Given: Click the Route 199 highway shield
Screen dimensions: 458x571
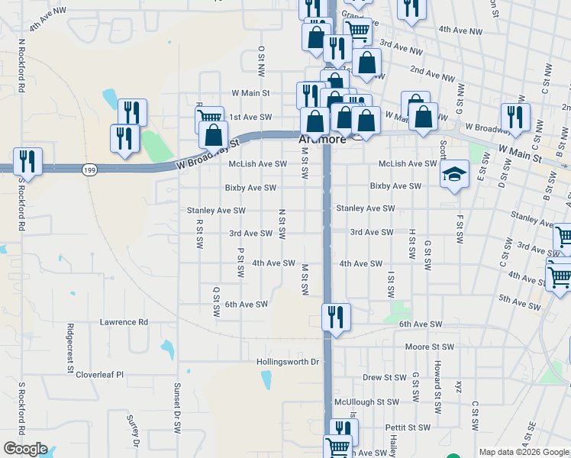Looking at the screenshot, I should coord(89,169).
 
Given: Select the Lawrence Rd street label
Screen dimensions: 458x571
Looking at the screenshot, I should coord(124,322).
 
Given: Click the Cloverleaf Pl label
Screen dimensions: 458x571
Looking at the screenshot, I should coord(99,376).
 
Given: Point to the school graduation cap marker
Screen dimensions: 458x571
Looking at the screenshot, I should coord(454,175).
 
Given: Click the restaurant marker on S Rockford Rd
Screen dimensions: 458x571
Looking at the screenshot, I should coord(27,161).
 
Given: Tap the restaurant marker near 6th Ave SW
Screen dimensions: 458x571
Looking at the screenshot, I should coord(336,317).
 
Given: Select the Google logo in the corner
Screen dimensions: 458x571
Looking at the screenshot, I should coord(26,449).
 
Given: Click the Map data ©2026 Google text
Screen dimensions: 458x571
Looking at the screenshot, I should coord(524,452).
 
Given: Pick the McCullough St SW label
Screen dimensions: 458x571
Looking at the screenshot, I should coord(366,402).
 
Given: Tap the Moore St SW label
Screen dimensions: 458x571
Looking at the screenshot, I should coord(430,347).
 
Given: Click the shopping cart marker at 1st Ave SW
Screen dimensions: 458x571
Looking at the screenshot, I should coord(209,118).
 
